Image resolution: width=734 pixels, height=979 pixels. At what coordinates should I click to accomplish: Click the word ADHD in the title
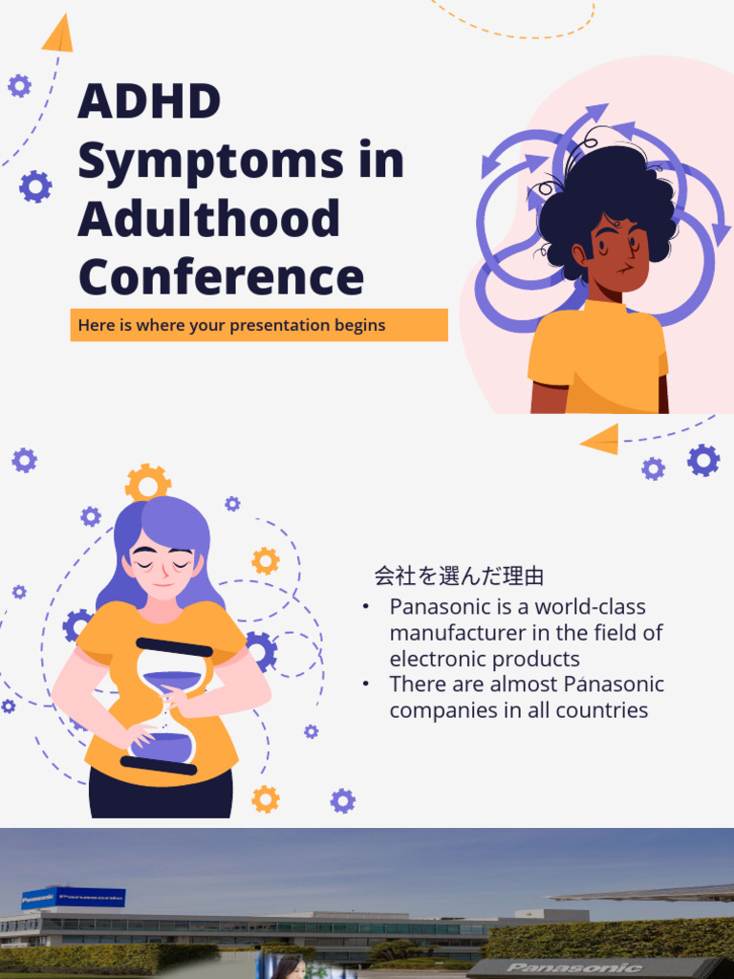point(149,101)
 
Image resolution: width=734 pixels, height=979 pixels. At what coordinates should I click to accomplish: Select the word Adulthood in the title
point(208,218)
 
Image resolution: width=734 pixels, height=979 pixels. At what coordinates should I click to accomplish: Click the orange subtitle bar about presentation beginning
point(258,325)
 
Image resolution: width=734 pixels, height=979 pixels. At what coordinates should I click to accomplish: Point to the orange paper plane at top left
point(58,34)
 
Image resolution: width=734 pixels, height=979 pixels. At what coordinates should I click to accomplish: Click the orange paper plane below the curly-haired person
point(599,439)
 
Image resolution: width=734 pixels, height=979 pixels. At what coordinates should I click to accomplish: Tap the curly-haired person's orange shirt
point(597,359)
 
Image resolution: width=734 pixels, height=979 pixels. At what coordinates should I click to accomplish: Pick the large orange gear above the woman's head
point(147,484)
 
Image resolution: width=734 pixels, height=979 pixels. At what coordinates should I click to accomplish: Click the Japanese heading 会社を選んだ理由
point(459,576)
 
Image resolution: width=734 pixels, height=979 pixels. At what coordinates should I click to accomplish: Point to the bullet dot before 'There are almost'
point(366,685)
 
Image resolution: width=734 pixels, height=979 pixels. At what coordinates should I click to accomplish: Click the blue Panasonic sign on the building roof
point(74,898)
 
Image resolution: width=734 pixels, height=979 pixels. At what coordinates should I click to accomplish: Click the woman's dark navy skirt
point(161,795)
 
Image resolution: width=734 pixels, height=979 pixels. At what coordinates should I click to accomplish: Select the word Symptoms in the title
point(209,161)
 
